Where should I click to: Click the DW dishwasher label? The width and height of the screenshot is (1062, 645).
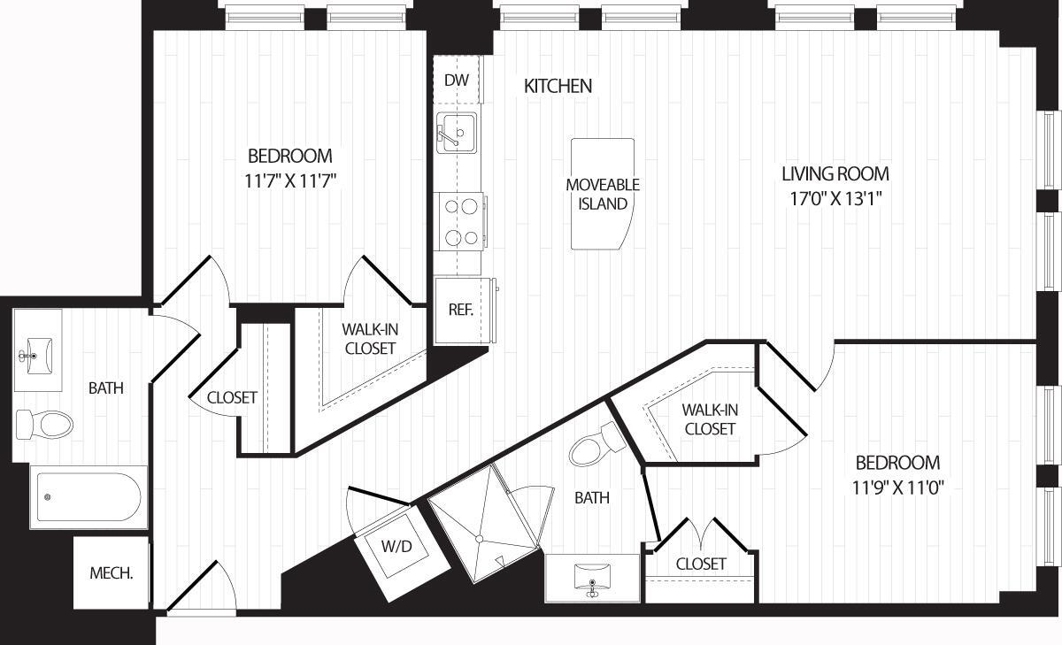[x=456, y=81]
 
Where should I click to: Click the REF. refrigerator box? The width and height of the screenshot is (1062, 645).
[x=460, y=311]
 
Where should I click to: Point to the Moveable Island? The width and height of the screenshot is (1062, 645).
[x=603, y=194]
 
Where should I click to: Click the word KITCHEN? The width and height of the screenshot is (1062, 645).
[x=558, y=86]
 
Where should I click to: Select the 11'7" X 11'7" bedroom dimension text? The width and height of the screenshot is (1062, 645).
[x=289, y=181]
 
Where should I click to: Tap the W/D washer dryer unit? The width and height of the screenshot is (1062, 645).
[x=396, y=547]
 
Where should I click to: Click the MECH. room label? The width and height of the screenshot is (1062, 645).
[x=112, y=572]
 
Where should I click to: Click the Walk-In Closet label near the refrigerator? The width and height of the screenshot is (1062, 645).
[x=369, y=338]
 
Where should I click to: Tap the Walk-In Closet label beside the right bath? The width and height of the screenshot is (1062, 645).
[x=709, y=419]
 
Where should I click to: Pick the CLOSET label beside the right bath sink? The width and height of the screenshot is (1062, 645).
[x=701, y=564]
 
